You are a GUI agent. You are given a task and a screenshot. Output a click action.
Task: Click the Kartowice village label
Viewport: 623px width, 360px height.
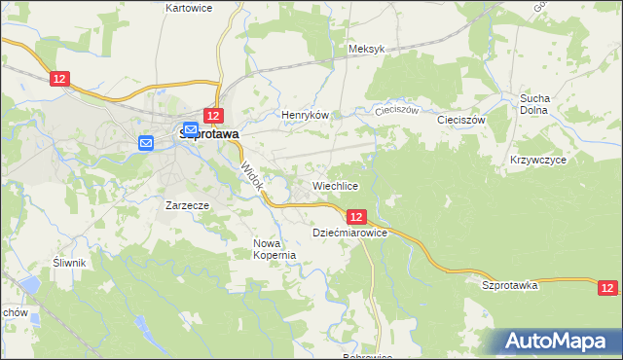click(x=189, y=8)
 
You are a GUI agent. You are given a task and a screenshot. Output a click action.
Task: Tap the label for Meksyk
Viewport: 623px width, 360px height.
click(x=367, y=49)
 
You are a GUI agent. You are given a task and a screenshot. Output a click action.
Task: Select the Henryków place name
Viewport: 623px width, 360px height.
click(x=301, y=115)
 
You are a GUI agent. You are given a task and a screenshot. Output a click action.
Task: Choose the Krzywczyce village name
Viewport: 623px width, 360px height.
click(x=533, y=159)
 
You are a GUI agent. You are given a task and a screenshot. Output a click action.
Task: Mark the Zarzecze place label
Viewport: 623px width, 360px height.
click(x=188, y=206)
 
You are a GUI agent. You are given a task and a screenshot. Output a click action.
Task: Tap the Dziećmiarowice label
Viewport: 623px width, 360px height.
click(x=350, y=234)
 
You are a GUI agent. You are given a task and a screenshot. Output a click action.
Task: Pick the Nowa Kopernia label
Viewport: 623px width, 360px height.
click(x=274, y=249)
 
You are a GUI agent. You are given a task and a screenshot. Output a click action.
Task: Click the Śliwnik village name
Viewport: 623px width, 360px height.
click(x=71, y=263)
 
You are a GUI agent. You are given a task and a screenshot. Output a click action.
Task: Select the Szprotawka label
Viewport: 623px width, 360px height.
click(x=510, y=285)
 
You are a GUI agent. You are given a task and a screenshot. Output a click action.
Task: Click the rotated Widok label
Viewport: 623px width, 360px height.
click(x=251, y=176)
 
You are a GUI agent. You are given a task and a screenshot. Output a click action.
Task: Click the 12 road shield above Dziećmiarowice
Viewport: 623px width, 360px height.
click(x=355, y=217)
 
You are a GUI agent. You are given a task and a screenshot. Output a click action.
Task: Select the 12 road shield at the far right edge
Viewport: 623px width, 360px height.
click(x=607, y=288)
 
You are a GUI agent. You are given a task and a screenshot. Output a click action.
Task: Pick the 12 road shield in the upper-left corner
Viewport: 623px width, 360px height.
click(x=60, y=78)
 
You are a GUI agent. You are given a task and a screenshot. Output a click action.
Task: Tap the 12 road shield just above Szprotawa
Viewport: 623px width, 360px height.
click(x=215, y=115)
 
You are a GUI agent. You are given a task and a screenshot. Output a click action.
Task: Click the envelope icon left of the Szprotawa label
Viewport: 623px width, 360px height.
click(x=146, y=144)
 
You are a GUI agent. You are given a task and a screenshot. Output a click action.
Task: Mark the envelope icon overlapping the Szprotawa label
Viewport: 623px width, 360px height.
click(x=191, y=129)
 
